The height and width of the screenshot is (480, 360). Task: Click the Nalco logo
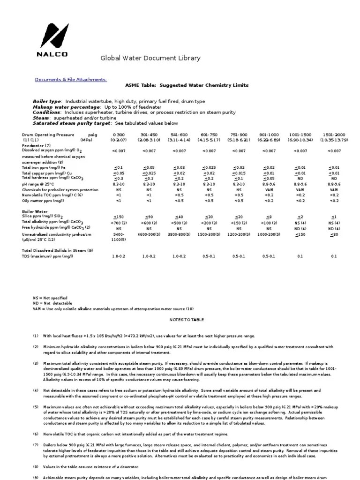[x=52, y=40]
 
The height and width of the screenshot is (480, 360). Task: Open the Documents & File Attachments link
[x=71, y=80]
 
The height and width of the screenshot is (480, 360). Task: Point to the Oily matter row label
[x=43, y=200]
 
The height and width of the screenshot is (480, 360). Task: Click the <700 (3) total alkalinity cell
[x=119, y=223]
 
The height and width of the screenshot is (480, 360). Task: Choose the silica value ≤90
[x=149, y=217]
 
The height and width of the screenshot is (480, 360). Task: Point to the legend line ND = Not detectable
[x=52, y=303]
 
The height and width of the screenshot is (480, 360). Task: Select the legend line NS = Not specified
[x=50, y=298]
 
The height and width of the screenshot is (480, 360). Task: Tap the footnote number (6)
[x=36, y=435]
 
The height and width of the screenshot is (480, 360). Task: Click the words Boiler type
[x=47, y=101]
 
